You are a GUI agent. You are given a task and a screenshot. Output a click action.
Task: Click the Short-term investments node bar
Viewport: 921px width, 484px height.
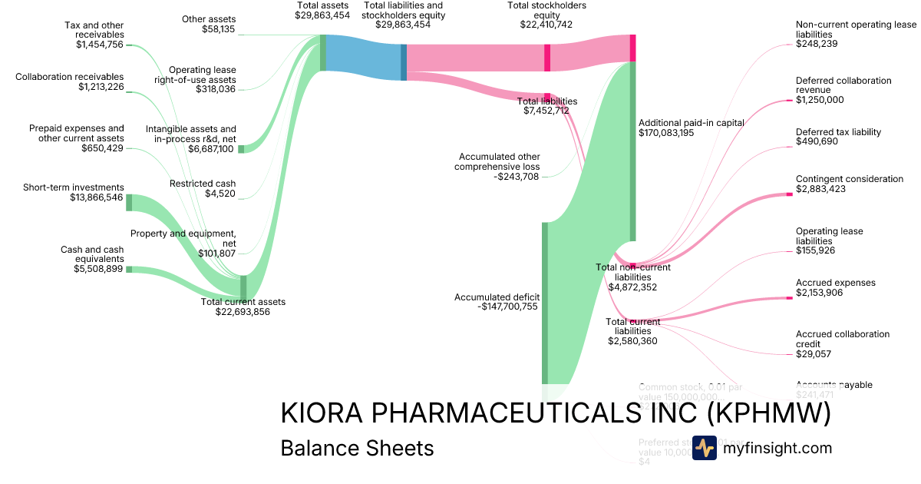(x=129, y=203)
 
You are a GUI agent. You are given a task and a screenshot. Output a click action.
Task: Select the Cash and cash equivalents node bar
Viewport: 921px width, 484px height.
(x=129, y=269)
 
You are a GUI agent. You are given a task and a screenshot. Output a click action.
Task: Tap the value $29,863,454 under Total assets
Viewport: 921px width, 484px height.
(x=323, y=15)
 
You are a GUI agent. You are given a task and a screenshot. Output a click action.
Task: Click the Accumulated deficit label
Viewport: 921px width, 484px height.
(x=497, y=297)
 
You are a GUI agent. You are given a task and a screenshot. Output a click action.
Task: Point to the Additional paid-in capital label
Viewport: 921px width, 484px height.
(x=688, y=122)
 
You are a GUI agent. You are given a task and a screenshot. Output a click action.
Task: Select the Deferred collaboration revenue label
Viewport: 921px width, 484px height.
(x=843, y=85)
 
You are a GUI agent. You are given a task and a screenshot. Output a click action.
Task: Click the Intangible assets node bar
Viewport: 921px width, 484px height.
(x=240, y=149)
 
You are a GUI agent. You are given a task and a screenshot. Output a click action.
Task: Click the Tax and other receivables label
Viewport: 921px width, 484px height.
(x=94, y=30)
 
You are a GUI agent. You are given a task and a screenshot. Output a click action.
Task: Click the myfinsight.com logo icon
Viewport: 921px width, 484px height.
(x=704, y=448)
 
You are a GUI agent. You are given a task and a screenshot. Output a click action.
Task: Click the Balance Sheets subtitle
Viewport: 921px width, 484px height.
(x=357, y=448)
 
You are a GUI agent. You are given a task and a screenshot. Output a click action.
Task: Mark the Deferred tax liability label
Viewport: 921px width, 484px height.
(x=838, y=132)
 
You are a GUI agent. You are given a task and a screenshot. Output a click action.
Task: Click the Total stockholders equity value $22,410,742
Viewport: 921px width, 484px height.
(x=546, y=25)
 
